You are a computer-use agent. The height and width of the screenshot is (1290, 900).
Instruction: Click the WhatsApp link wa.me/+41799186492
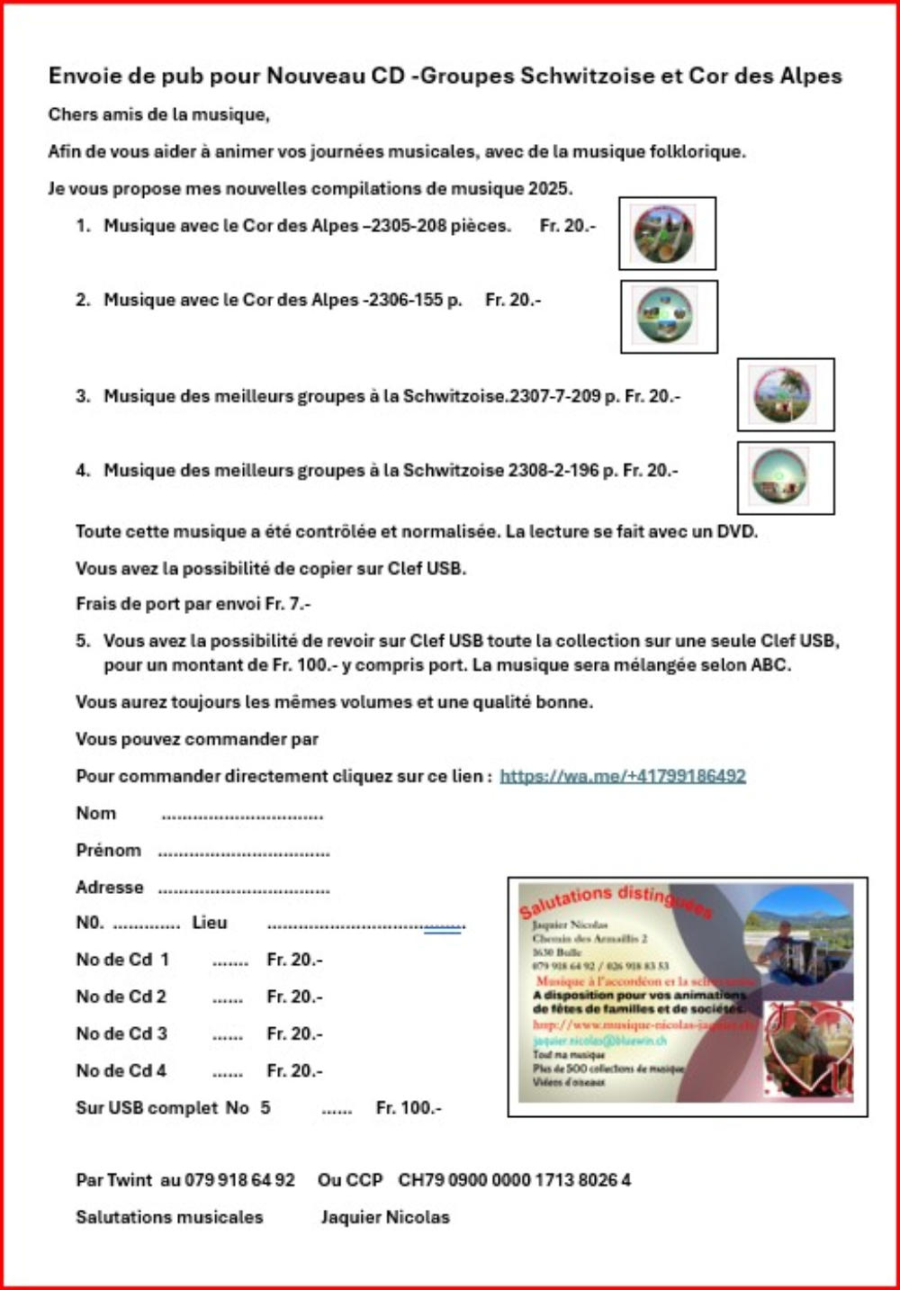pos(623,776)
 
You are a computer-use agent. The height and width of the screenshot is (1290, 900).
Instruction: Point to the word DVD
pos(736,531)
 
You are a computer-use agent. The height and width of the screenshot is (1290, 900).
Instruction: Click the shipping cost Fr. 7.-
pos(288,604)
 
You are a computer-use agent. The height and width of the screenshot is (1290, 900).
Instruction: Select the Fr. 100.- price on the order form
pos(409,1108)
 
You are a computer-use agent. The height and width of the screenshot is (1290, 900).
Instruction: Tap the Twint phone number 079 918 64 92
pos(239,1180)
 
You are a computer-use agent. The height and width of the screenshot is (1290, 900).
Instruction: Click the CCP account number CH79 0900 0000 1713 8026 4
pos(515,1180)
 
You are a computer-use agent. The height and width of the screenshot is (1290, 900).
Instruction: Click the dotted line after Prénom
pos(244,852)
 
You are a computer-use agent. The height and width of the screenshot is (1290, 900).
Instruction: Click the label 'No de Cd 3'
pos(121,1033)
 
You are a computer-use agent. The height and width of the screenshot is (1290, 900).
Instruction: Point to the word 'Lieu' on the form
pos(210,923)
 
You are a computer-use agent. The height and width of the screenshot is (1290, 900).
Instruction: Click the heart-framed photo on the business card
pos(806,1050)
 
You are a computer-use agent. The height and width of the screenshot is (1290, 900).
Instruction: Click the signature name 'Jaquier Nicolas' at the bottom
pos(385,1217)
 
